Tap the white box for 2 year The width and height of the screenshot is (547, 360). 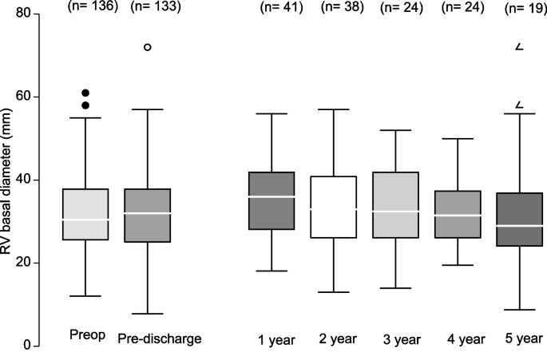tap(333, 207)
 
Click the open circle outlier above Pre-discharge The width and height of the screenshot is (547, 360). tap(147, 47)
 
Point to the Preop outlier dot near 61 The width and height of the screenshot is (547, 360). tap(85, 93)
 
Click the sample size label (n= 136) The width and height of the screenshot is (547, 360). tap(91, 7)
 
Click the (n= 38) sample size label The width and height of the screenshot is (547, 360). tap(342, 8)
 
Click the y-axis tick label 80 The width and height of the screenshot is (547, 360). tap(22, 14)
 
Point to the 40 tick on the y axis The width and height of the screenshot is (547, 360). tap(22, 180)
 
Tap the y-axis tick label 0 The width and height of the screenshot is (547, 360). tap(26, 346)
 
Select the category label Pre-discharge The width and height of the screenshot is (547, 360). tap(159, 338)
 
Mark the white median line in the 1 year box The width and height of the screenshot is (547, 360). tap(272, 196)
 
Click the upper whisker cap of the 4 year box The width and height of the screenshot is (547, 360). tap(458, 138)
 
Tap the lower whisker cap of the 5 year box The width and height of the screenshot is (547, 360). tap(519, 310)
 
